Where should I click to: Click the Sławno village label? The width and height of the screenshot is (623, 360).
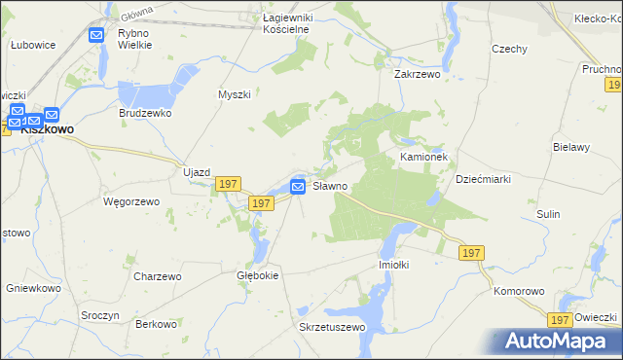point(330,185)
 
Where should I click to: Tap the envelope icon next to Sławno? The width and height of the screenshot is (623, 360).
point(299,186)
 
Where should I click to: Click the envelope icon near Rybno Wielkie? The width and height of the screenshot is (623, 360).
point(96,36)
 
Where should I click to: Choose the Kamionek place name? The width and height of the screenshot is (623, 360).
point(423,156)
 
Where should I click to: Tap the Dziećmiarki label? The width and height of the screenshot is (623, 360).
point(484,179)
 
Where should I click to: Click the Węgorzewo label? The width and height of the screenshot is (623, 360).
point(124,201)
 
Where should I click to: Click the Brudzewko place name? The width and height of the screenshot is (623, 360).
point(146,113)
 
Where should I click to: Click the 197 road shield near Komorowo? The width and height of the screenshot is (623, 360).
point(558,319)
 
